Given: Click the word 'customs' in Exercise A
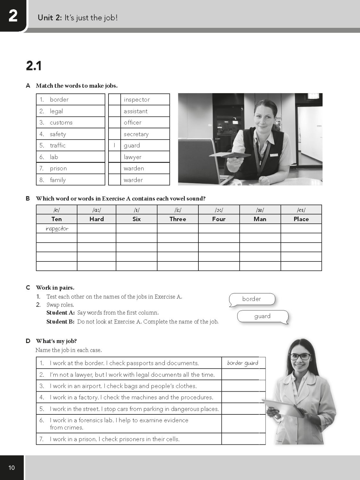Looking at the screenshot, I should pyautogui.click(x=61, y=123).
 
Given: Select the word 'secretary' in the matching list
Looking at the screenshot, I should pyautogui.click(x=136, y=134).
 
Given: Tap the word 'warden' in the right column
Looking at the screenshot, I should pyautogui.click(x=134, y=168).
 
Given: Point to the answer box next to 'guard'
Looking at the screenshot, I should pyautogui.click(x=114, y=146).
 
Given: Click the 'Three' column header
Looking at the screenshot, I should pyautogui.click(x=178, y=219).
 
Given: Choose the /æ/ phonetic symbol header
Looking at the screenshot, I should pyautogui.click(x=260, y=210).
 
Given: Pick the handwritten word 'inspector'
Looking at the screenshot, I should pyautogui.click(x=57, y=228).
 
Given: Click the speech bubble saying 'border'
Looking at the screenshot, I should pyautogui.click(x=252, y=299).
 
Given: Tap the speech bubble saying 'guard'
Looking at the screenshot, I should pyautogui.click(x=262, y=316).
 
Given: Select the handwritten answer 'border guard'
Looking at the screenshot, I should pyautogui.click(x=243, y=363).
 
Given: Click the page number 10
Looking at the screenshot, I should pyautogui.click(x=12, y=468).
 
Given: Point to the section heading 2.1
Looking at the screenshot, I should pyautogui.click(x=34, y=66).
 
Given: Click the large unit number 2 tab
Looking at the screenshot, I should pyautogui.click(x=13, y=15).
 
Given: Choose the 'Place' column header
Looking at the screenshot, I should pyautogui.click(x=301, y=219).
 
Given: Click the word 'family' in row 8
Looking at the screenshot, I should pyautogui.click(x=58, y=180).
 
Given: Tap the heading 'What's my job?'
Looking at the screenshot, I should pyautogui.click(x=56, y=341).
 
